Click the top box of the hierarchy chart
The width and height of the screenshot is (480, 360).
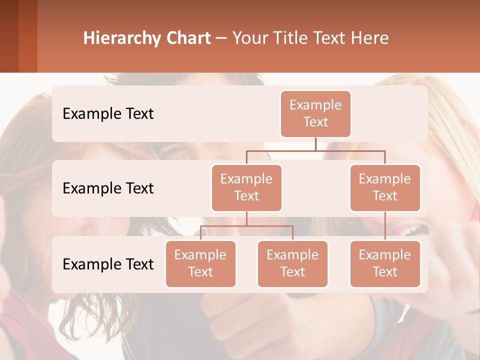(315, 113)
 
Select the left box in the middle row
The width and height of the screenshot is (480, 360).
(246, 187)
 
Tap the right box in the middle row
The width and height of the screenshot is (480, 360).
(385, 187)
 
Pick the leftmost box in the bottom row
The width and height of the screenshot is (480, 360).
(200, 263)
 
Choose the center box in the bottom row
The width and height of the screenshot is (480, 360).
(292, 263)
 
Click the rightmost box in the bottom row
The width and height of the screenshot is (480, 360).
(385, 263)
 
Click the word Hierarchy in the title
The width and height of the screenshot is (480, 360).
(121, 38)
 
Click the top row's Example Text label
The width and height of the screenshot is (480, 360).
(108, 114)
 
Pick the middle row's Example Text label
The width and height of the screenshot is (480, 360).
(108, 188)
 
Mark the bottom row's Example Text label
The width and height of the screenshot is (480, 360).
(108, 264)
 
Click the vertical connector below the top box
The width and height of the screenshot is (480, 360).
(315, 144)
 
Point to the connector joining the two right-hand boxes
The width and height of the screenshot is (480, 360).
(385, 226)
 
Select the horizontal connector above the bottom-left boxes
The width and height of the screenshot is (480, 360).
(246, 226)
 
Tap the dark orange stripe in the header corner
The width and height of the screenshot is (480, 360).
(28, 36)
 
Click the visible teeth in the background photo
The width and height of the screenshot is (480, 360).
(412, 230)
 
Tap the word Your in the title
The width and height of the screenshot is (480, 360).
(249, 38)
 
